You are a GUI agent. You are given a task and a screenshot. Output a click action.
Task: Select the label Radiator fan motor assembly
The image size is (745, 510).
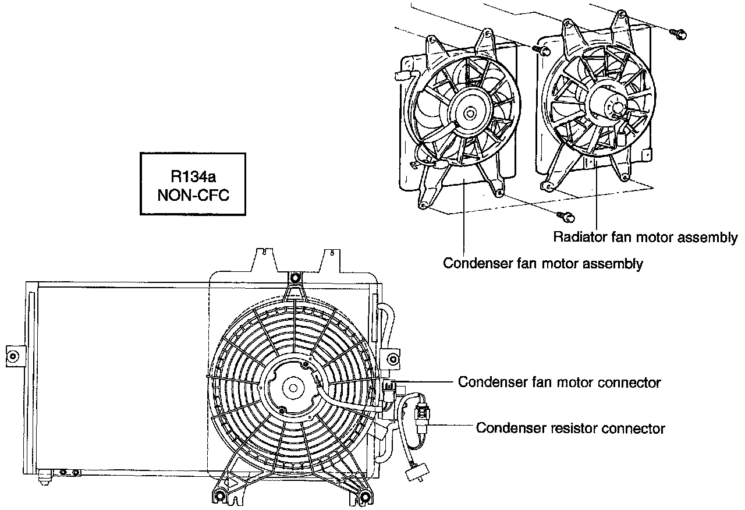pos(645,238)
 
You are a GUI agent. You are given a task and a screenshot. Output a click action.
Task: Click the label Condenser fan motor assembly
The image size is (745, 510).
pos(543,264)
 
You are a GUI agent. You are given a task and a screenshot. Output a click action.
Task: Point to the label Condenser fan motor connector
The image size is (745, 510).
pos(559,382)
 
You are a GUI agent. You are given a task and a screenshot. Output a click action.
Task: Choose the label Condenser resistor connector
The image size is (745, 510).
pos(570,428)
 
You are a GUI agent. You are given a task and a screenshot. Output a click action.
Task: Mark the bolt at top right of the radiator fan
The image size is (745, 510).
pos(678,34)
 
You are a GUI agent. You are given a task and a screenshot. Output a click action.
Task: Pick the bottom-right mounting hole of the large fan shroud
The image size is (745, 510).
pos(365,497)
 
